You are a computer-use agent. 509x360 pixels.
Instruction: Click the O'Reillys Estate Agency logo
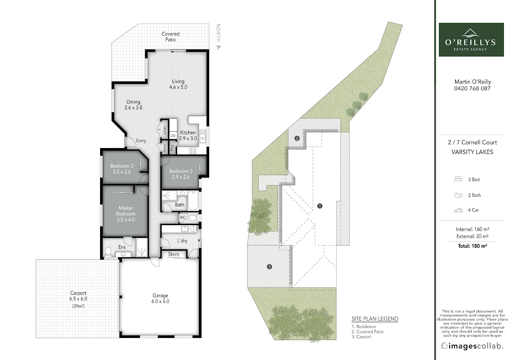pos(471,39)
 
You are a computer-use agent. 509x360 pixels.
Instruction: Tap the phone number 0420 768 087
pos(472,88)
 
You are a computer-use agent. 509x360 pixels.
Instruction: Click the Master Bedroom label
pos(126,214)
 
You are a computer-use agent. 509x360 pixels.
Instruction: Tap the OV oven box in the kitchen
pos(173,136)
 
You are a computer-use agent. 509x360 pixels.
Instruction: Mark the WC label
pos(182,218)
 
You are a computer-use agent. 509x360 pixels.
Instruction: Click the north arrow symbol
pos(218,47)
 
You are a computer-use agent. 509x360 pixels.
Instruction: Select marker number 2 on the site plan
pos(297,138)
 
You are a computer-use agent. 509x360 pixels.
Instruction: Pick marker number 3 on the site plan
pos(269,267)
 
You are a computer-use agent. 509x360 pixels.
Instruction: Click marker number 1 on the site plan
pos(320,206)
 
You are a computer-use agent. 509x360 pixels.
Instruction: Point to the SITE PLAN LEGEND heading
pos(375,319)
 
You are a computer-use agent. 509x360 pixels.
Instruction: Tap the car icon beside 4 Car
pos(458,210)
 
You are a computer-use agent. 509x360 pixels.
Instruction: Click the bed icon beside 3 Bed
pos(458,179)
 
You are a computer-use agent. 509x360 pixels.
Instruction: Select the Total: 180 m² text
pos(473,246)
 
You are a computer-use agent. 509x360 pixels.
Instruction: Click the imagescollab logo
pos(472,346)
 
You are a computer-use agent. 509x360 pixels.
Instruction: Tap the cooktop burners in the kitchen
pos(193,151)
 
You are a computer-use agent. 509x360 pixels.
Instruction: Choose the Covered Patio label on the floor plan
pos(171,36)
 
